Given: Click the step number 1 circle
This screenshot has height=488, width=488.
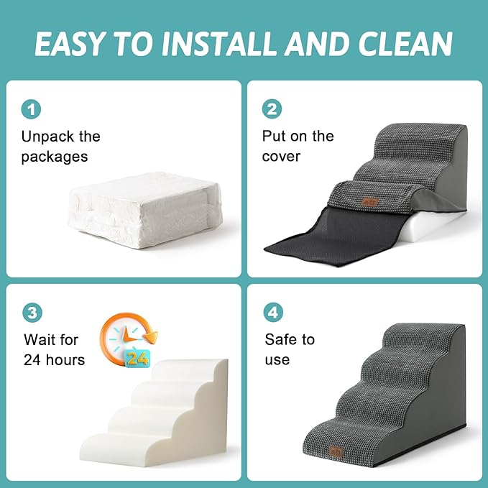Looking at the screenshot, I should pyautogui.click(x=31, y=110).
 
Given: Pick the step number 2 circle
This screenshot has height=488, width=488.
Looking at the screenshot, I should pyautogui.click(x=272, y=110).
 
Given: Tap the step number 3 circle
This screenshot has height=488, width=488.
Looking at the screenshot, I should pyautogui.click(x=31, y=313).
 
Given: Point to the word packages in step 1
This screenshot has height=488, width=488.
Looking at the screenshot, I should pyautogui.click(x=55, y=157).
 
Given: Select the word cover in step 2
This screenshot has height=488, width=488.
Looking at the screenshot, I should pyautogui.click(x=281, y=157).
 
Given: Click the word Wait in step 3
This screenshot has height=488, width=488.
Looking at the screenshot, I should pyautogui.click(x=42, y=339).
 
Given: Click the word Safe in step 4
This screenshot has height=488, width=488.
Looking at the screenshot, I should pyautogui.click(x=280, y=339).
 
